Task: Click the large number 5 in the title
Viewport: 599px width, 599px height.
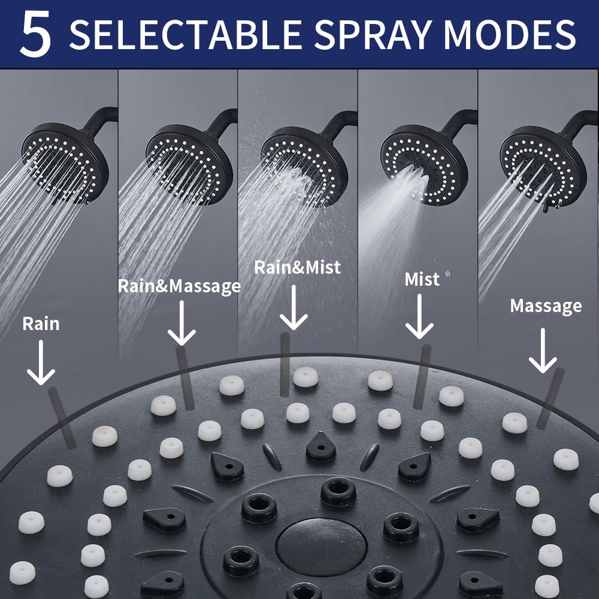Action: pos(35,35)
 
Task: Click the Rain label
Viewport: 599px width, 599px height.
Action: pos(41,324)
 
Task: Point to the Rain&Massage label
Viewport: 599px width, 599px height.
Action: pos(179,286)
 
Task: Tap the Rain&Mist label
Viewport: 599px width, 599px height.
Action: pos(297,267)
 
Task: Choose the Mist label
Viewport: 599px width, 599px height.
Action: pos(422,279)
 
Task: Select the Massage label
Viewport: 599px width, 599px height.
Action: pos(546,306)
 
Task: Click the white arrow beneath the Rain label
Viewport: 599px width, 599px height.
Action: pos(41,362)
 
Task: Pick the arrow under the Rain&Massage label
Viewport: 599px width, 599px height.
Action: pos(181,323)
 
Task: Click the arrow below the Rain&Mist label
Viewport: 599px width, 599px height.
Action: pos(294,307)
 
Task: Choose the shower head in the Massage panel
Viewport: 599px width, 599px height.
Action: pos(543,162)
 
